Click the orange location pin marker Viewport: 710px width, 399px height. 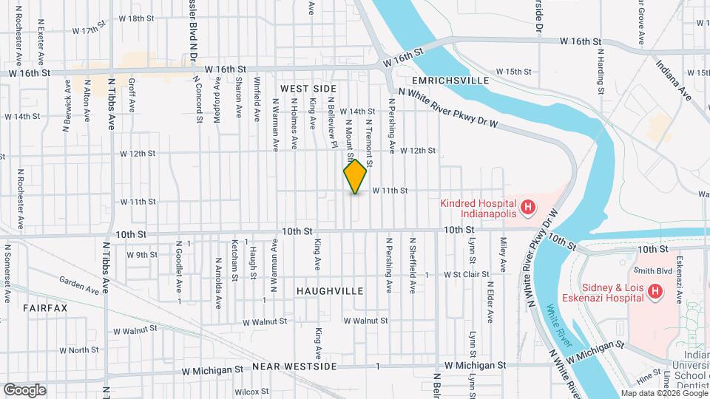356,176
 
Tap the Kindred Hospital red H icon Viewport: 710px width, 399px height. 527,208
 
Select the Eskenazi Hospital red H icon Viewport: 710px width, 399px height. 655,293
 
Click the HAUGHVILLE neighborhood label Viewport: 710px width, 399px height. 330,291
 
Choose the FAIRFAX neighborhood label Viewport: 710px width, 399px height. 45,307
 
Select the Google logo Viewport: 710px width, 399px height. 24,389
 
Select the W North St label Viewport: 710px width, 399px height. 79,349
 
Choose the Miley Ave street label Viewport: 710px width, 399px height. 503,253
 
